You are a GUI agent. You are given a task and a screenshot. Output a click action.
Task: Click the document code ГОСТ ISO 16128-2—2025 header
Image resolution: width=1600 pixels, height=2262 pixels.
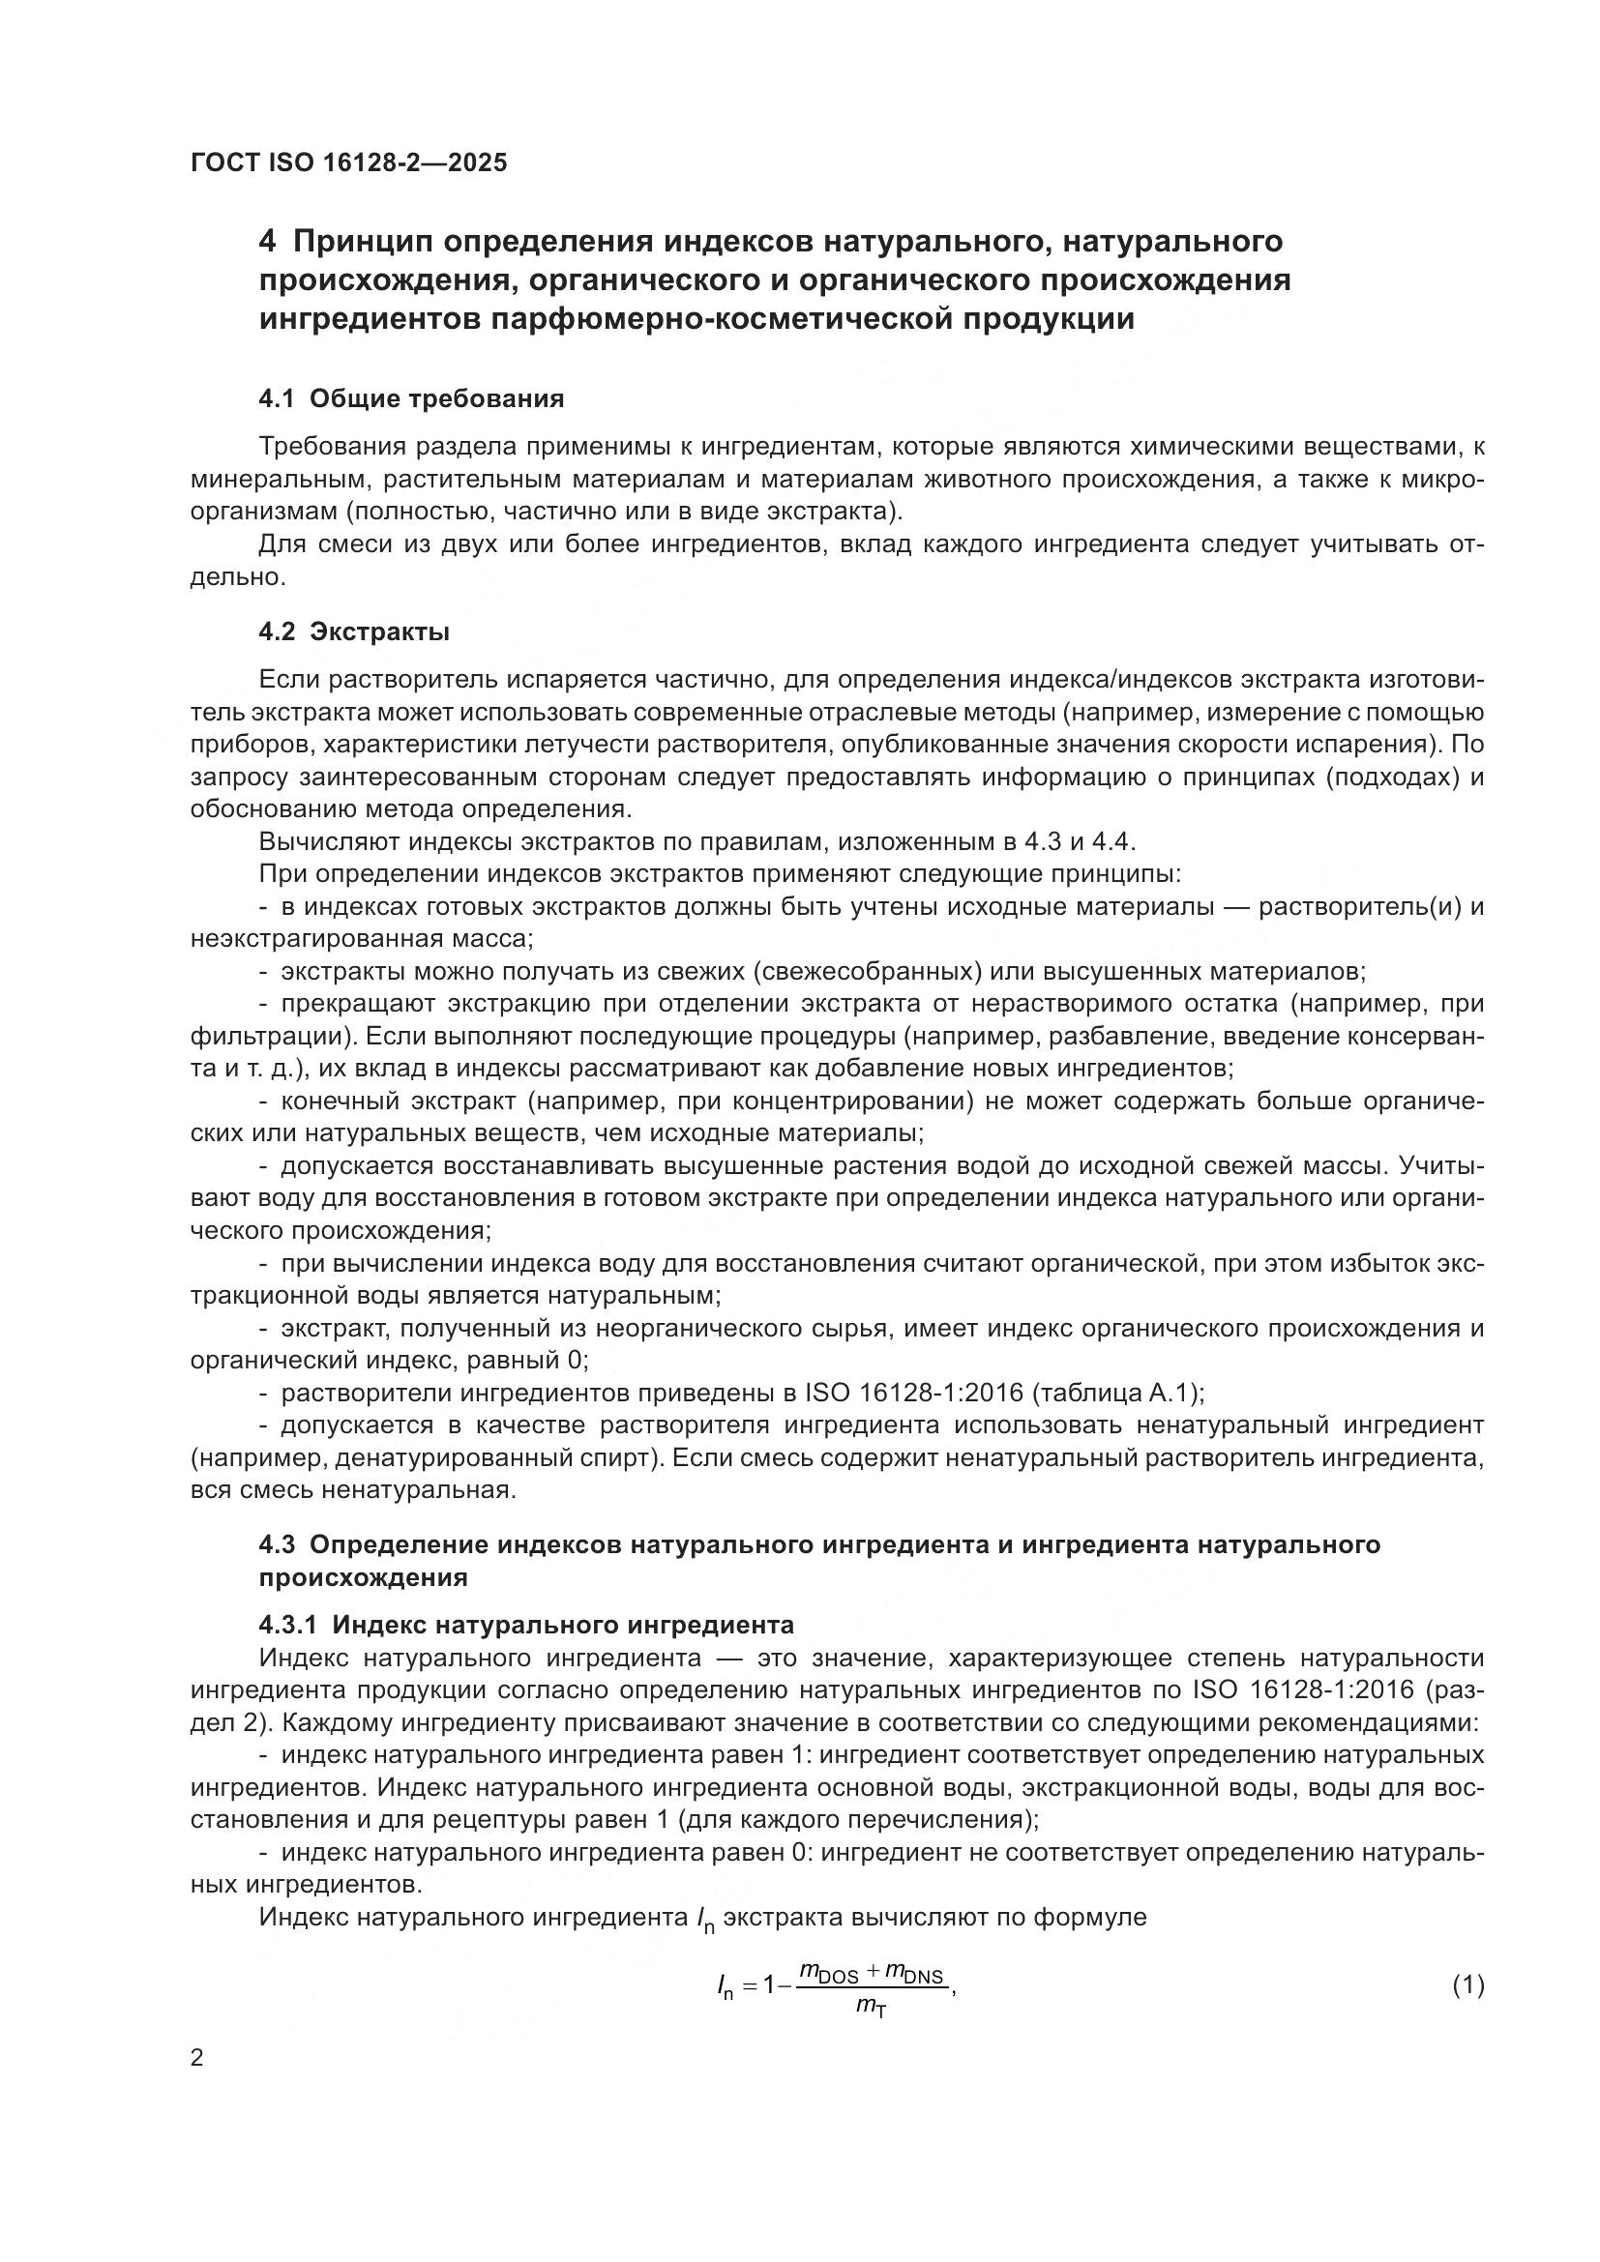349,163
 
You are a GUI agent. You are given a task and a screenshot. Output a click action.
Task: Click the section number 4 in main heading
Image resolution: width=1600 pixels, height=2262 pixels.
266,242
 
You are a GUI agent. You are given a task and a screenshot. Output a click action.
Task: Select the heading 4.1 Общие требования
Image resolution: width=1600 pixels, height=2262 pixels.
411,399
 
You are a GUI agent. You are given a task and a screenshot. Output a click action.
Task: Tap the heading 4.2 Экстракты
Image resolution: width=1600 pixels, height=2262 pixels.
354,632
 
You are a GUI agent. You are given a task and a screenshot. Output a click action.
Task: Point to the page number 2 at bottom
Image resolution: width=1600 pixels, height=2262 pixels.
197,2057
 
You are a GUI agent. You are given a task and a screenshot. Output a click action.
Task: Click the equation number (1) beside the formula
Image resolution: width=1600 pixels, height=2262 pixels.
1468,1985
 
